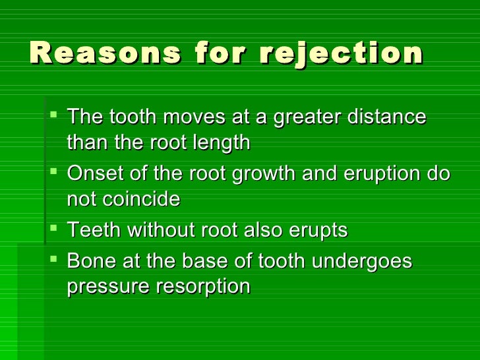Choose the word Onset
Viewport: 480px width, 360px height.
pyautogui.click(x=94, y=174)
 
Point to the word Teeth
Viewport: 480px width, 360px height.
pyautogui.click(x=94, y=231)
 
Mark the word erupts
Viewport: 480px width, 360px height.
pyautogui.click(x=316, y=231)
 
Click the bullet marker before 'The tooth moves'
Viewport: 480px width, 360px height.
pyautogui.click(x=54, y=116)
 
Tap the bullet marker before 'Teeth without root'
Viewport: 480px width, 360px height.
pyautogui.click(x=54, y=229)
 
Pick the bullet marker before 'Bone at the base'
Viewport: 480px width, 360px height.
pyautogui.click(x=54, y=260)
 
